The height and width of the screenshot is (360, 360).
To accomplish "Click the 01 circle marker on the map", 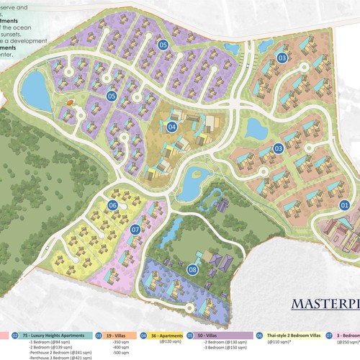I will point(344,204).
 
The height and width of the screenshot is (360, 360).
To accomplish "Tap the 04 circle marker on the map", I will point(171,127).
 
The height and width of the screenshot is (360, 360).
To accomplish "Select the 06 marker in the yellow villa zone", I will point(112,205).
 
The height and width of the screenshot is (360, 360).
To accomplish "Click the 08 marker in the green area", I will point(192,270).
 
